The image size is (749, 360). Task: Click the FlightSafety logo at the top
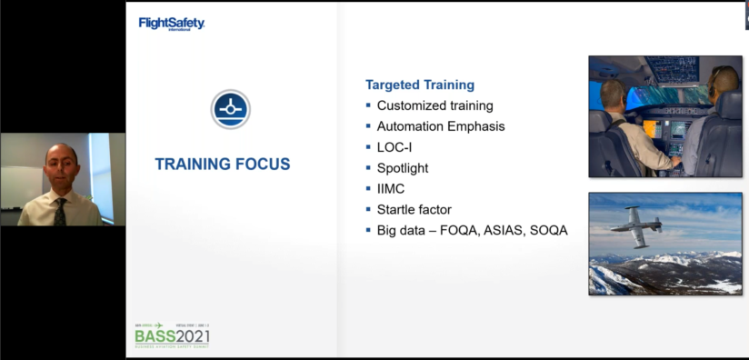pyautogui.click(x=171, y=24)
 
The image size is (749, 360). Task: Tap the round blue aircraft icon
pyautogui.click(x=231, y=108)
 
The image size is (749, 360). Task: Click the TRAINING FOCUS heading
pyautogui.click(x=223, y=165)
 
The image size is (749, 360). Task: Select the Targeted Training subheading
pyautogui.click(x=420, y=85)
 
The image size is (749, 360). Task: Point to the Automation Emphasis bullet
pyautogui.click(x=441, y=126)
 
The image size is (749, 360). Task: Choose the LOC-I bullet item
pyautogui.click(x=394, y=147)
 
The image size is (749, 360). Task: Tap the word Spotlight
pyautogui.click(x=403, y=168)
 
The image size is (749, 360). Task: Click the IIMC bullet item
pyautogui.click(x=391, y=189)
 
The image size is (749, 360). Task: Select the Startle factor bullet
pyautogui.click(x=414, y=210)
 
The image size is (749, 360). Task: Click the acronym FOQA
pyautogui.click(x=460, y=231)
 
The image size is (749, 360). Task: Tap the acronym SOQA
pyautogui.click(x=550, y=231)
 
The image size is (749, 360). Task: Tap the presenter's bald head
pyautogui.click(x=62, y=155)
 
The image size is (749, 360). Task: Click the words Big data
pyautogui.click(x=403, y=231)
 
